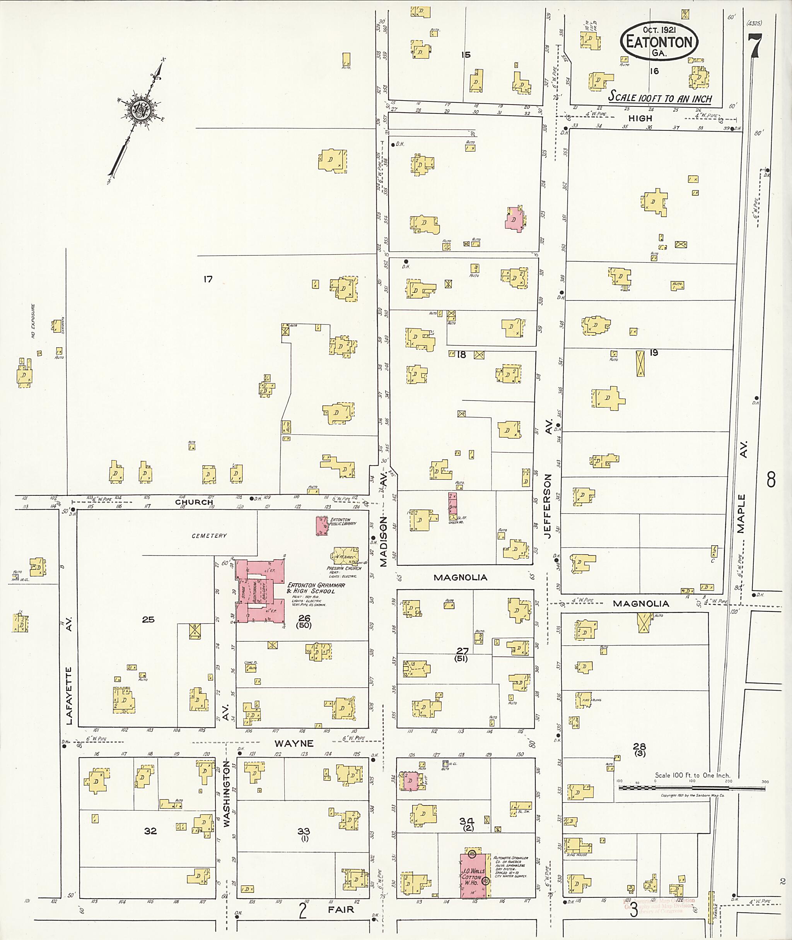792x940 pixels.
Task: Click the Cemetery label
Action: click(x=209, y=536)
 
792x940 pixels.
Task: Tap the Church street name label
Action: click(x=194, y=502)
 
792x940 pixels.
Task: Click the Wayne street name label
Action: click(x=294, y=744)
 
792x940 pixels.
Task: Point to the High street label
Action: click(x=640, y=118)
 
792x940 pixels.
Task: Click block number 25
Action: click(x=148, y=620)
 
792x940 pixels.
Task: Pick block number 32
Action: click(x=150, y=831)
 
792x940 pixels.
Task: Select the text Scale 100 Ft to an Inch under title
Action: click(x=660, y=97)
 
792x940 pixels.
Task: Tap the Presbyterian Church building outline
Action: click(x=345, y=555)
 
